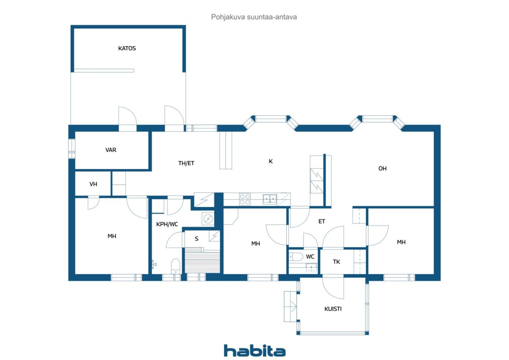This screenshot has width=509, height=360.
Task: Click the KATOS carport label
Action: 127,48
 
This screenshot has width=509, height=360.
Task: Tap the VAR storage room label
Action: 111,150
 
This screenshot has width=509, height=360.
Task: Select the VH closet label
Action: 93,184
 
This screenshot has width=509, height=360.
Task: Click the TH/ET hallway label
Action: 186,163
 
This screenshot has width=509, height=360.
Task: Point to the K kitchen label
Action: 270,161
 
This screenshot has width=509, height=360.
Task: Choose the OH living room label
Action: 382,168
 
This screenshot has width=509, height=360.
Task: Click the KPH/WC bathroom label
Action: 167,224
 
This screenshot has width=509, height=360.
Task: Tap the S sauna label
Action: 196,239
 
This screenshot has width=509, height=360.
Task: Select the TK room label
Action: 336,262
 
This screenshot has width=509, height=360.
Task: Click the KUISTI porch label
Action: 333,309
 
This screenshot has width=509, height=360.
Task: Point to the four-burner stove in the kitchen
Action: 245,199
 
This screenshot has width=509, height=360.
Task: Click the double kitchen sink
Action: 270,199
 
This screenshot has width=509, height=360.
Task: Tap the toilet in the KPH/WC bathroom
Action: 175,265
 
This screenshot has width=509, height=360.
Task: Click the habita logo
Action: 254,351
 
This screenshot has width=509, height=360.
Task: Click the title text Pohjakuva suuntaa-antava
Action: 254,17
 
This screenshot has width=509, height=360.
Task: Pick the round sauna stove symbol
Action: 208,218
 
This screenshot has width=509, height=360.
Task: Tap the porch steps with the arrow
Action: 291,306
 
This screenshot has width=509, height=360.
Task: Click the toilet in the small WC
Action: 296,257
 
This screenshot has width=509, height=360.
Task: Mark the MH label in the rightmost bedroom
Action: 401,242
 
